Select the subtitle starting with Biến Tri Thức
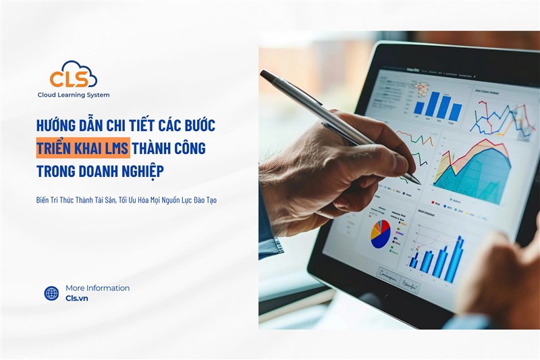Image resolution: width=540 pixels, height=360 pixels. click(126, 201)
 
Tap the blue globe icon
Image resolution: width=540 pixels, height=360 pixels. click(51, 293)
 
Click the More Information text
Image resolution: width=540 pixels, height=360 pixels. click(97, 288)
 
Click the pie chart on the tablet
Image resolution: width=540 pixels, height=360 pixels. click(379, 233)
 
